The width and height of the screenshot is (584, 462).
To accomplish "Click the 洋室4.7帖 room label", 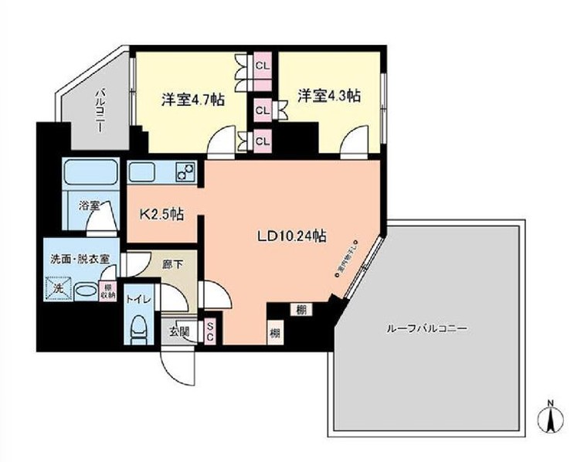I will pyautogui.click(x=192, y=100).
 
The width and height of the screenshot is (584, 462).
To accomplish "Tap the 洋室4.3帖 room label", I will pyautogui.click(x=329, y=96).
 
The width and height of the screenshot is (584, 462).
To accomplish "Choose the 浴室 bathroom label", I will pyautogui.click(x=90, y=206).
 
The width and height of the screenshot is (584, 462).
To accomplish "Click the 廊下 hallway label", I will pyautogui.click(x=173, y=264).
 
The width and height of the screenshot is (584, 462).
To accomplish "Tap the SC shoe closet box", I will pyautogui.click(x=210, y=331).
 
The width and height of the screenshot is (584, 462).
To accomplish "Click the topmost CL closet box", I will pyautogui.click(x=263, y=64).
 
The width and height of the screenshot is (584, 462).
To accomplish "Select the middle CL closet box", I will pyautogui.click(x=263, y=110).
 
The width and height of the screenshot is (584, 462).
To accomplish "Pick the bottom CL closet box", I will pyautogui.click(x=263, y=140).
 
